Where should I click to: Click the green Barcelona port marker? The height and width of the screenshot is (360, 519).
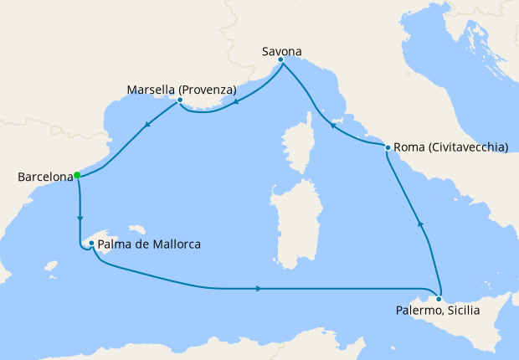tap(76, 175)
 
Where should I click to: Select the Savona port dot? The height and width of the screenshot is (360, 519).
tap(280, 59)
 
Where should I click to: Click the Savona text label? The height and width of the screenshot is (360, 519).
tap(280, 49)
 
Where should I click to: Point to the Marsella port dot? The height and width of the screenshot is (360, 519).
tap(180, 100)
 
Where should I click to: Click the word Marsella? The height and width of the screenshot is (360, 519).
tap(153, 90)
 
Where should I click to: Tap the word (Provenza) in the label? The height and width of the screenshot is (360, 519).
tap(209, 90)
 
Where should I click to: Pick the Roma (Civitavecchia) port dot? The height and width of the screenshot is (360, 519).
tap(388, 147)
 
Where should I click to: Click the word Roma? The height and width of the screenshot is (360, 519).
tap(409, 147)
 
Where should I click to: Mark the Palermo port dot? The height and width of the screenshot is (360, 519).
tap(439, 298)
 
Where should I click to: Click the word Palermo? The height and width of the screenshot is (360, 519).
tap(418, 311)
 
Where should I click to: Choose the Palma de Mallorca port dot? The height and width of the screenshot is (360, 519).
tap(90, 244)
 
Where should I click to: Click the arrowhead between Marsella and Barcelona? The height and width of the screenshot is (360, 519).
tap(147, 126)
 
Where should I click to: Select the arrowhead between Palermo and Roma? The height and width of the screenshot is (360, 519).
tap(420, 224)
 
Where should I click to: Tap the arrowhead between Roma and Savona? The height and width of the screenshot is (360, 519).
tap(331, 127)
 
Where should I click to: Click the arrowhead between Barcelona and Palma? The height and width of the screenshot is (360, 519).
tap(80, 219)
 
